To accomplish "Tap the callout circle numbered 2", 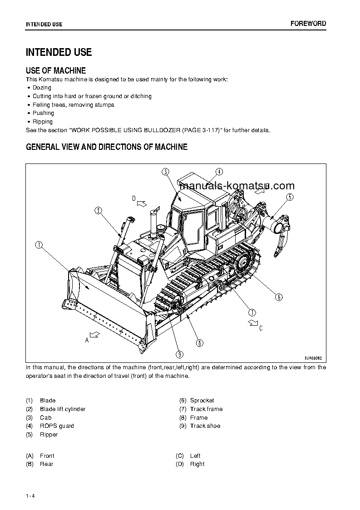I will [x=99, y=210].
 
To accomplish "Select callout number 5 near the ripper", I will [x=290, y=197].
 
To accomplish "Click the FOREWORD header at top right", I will [x=308, y=24].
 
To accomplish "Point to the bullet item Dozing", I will [x=42, y=88].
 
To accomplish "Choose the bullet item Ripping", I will [x=43, y=122].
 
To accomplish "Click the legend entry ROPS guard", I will [x=57, y=426].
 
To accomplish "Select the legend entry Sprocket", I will [x=202, y=401].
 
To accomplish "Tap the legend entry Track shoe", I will [x=205, y=426].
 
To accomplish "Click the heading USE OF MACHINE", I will [x=56, y=70].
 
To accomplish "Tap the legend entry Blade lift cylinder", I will [x=63, y=409].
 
